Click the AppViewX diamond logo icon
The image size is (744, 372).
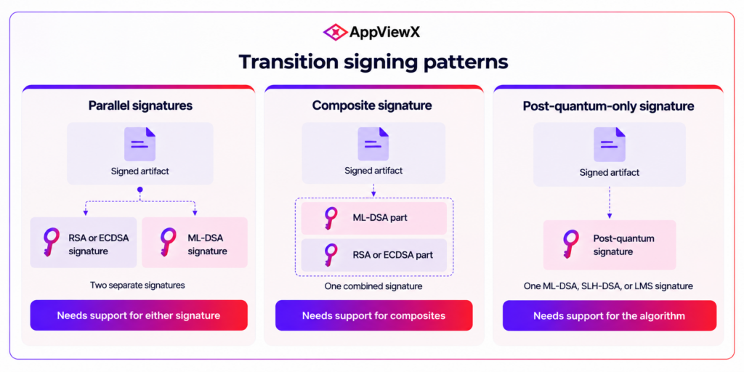click(336, 32)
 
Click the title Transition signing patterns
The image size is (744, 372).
click(373, 62)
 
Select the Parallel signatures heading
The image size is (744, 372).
click(140, 106)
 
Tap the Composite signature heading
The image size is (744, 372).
click(372, 106)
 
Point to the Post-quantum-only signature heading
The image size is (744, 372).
click(608, 106)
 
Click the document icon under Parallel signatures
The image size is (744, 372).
click(140, 145)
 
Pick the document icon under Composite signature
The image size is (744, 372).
click(373, 144)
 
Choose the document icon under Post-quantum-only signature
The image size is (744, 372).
click(610, 145)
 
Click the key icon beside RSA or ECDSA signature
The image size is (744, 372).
click(51, 242)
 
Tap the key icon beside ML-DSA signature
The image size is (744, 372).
click(168, 242)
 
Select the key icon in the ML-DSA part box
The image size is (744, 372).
click(331, 218)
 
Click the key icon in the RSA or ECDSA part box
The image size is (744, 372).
click(331, 255)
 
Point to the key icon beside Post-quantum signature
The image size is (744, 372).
click(570, 244)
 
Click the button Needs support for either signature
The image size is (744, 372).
click(139, 315)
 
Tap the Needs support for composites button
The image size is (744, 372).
click(374, 315)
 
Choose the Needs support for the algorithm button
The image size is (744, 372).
click(610, 315)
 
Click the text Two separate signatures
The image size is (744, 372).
click(137, 286)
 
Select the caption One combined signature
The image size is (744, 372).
click(373, 286)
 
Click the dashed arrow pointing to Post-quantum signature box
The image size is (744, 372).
click(610, 203)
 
